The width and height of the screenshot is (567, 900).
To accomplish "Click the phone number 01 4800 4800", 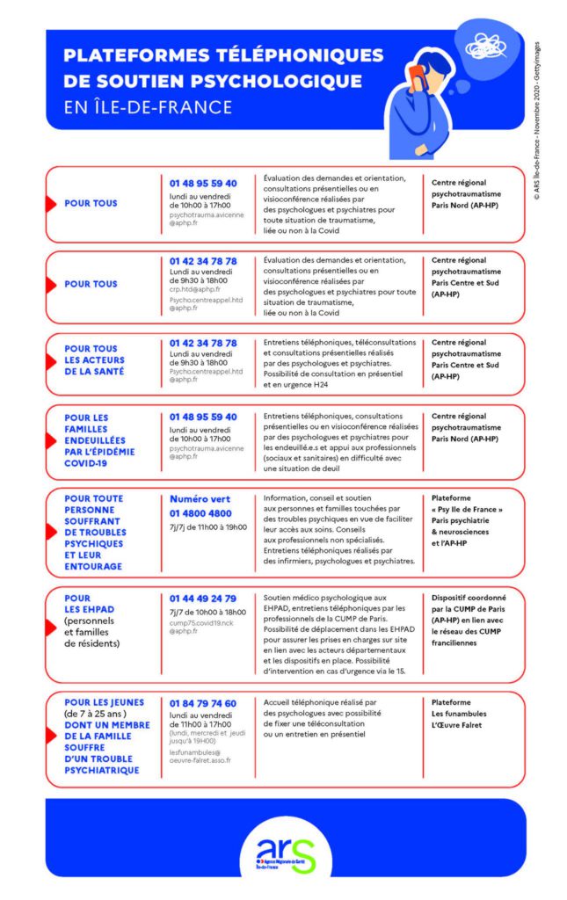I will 200,513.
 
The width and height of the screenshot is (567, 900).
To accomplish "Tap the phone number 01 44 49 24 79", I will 203,599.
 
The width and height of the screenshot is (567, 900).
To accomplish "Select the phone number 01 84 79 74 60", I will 203,704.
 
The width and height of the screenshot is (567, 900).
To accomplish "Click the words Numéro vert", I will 200,498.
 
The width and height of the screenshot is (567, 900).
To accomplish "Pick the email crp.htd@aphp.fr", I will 195,288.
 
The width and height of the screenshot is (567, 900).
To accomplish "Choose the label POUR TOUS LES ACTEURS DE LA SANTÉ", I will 95,359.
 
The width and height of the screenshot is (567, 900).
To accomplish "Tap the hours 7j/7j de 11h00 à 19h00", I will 208,527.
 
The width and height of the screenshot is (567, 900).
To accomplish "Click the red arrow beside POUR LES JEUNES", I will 52,737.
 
